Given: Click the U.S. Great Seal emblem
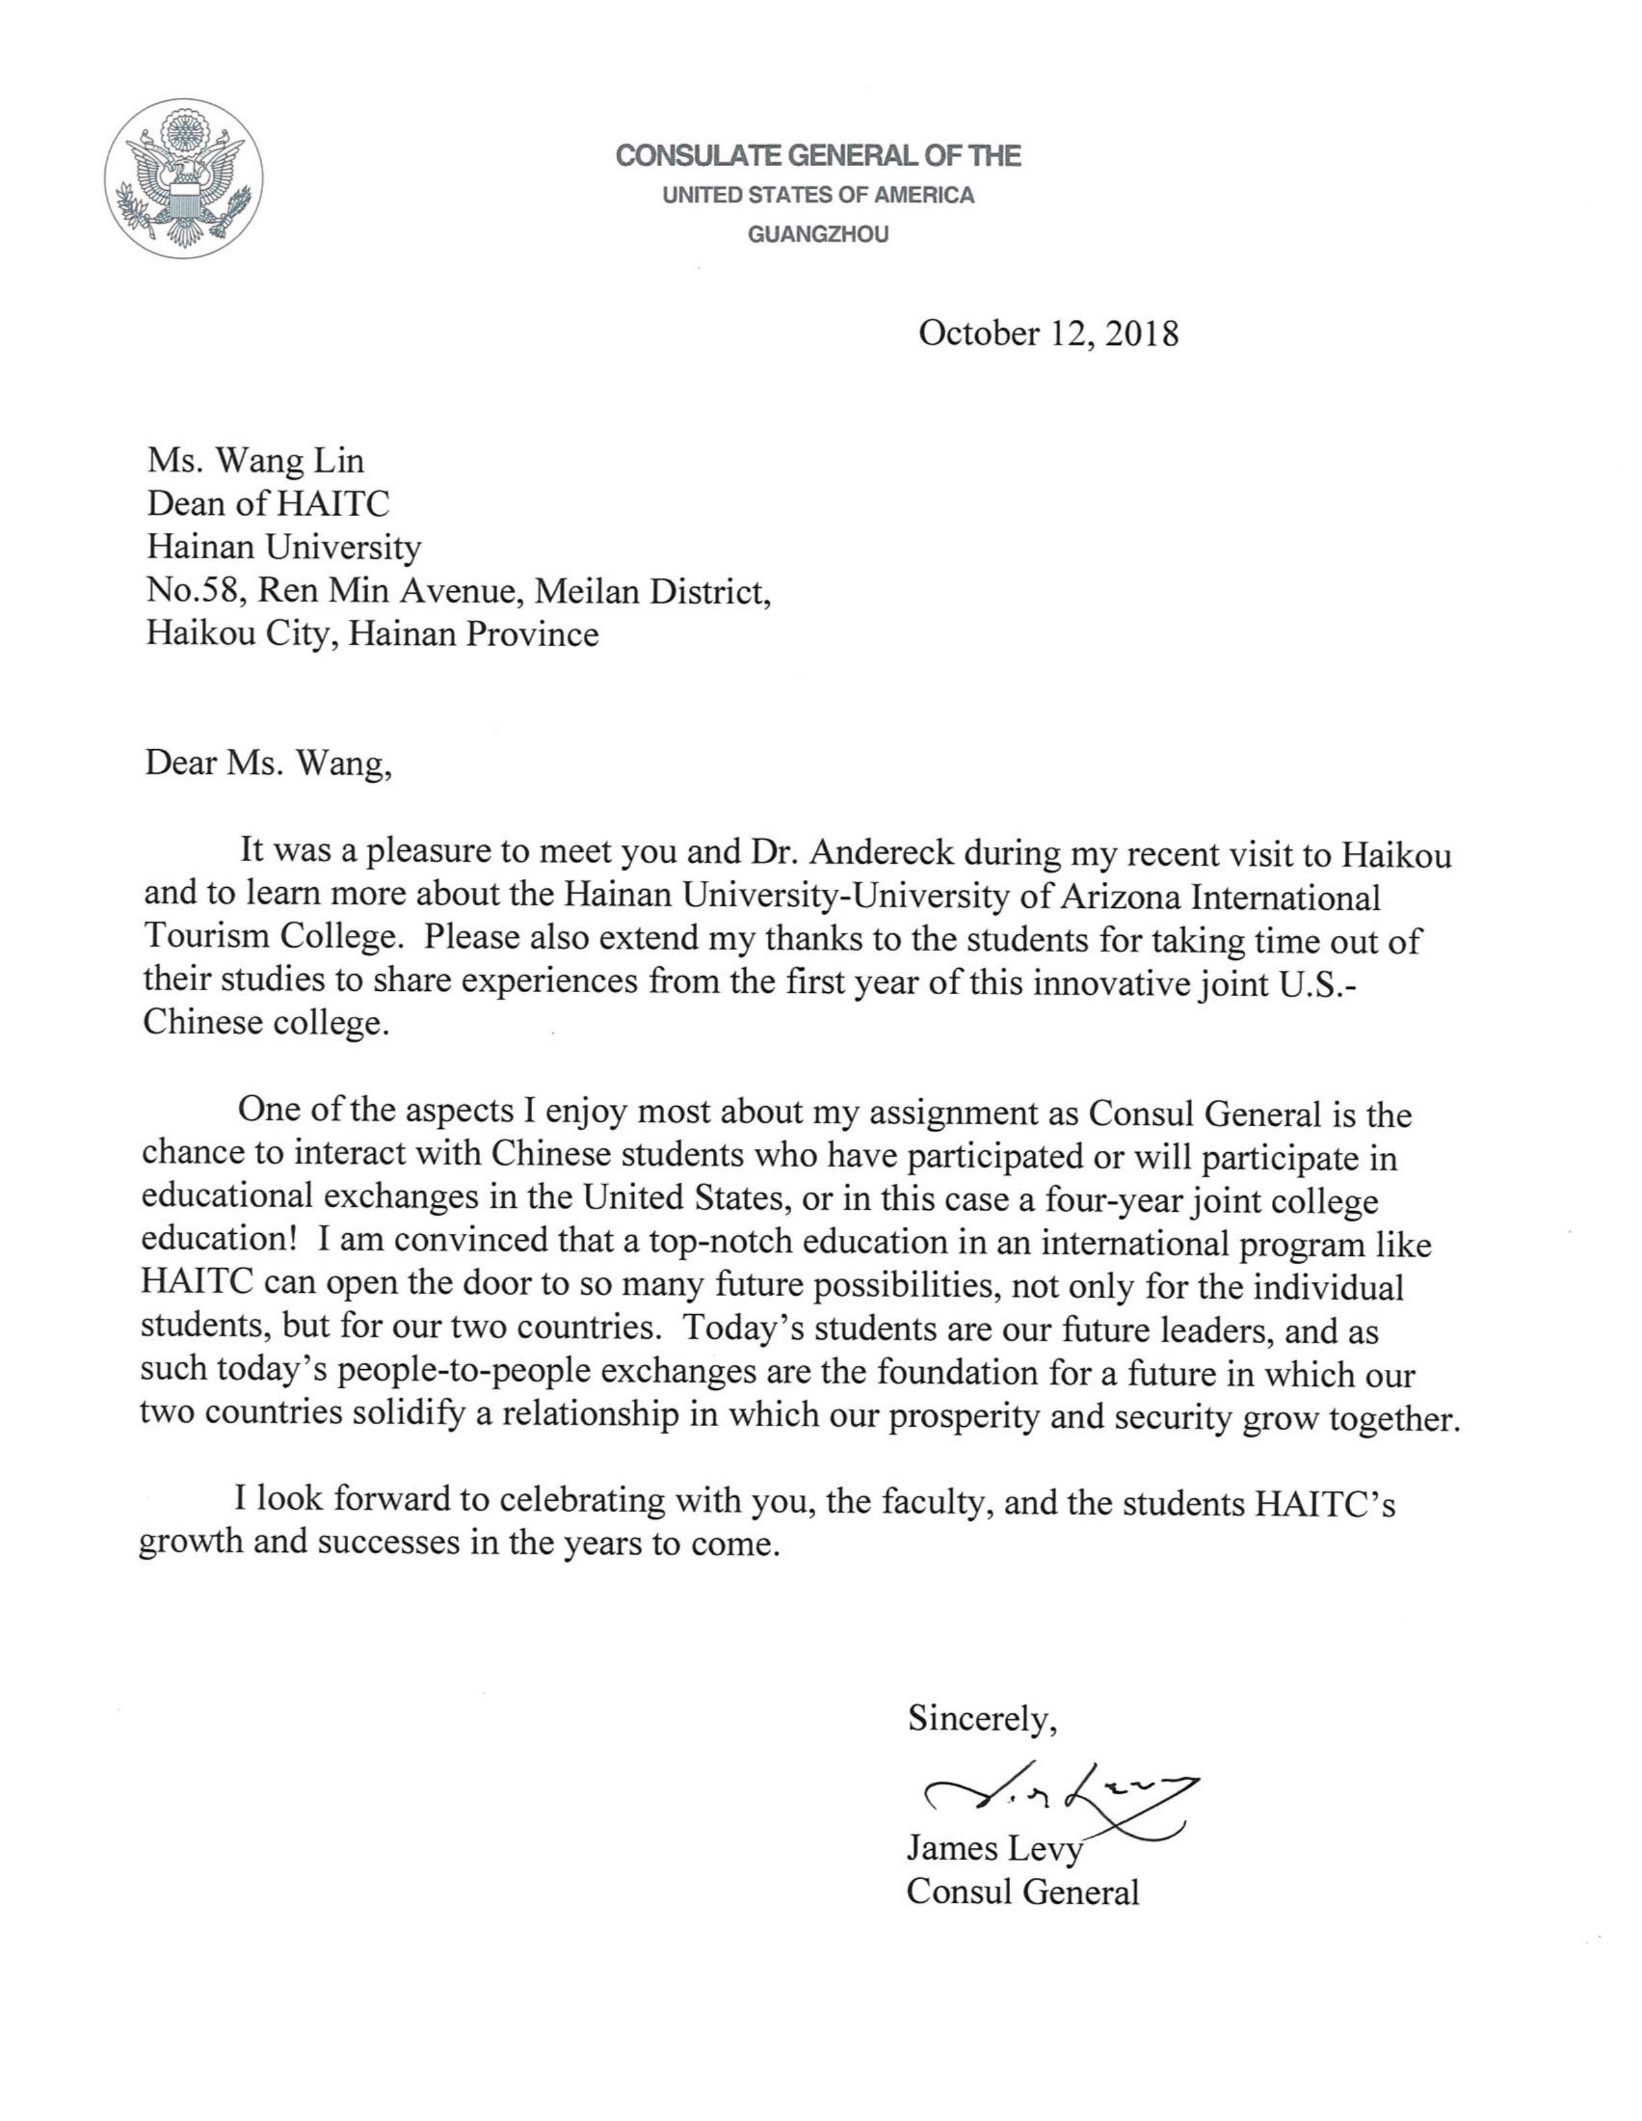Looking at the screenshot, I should click(x=183, y=179).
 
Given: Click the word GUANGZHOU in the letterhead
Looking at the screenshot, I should click(x=817, y=235).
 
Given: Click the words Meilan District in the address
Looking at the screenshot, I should click(x=653, y=591).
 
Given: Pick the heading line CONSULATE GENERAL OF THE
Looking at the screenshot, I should click(x=817, y=155).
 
